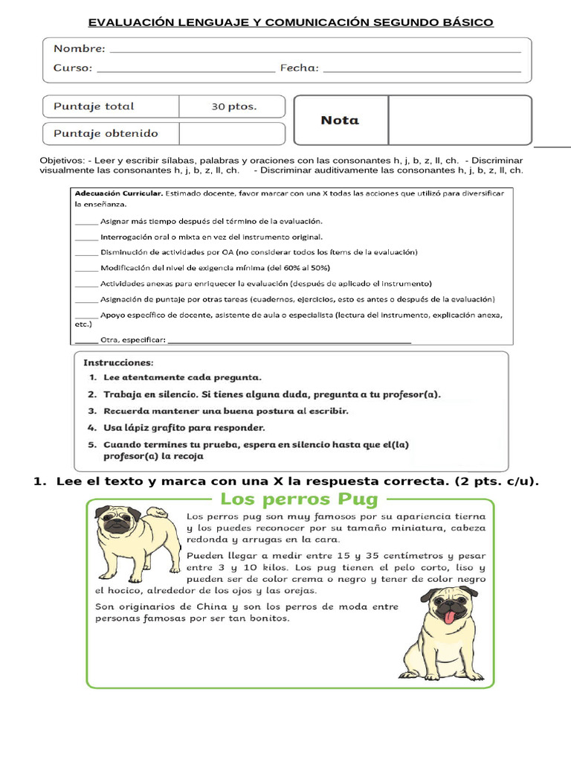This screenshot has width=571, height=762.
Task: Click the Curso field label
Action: tap(73, 68)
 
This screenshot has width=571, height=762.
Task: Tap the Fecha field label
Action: tap(299, 68)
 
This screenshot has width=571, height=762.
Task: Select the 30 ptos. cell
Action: tap(233, 106)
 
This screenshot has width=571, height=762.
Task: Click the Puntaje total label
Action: tap(94, 106)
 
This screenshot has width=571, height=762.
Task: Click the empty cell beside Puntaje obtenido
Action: tap(232, 134)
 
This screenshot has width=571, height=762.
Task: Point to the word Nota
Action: tap(339, 120)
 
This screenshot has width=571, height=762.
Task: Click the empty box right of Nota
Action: tap(459, 120)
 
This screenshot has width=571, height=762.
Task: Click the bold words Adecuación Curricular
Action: tap(118, 193)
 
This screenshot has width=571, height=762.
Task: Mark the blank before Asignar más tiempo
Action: tap(86, 222)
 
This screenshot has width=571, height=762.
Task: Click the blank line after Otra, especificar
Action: tap(290, 341)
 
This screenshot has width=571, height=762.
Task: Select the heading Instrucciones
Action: tap(118, 363)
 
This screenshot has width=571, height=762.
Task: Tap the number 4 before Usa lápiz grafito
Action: tap(90, 428)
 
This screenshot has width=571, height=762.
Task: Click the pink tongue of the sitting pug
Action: tap(450, 617)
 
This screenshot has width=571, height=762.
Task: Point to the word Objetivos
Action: tap(61, 161)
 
